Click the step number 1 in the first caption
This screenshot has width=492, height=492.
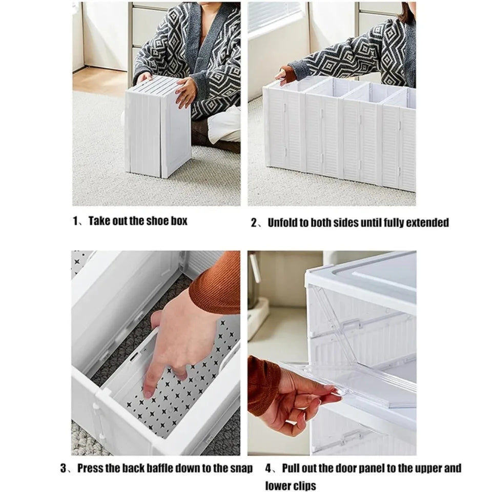coord(75,221)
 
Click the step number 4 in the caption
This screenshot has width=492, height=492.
coord(268,468)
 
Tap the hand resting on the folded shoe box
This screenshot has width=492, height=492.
coord(186,92)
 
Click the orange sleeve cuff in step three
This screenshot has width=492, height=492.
coord(215,292)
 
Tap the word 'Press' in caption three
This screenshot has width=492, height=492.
coord(93,468)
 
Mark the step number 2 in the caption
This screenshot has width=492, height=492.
coord(254,222)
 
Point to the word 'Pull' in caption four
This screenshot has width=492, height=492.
coord(293,468)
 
